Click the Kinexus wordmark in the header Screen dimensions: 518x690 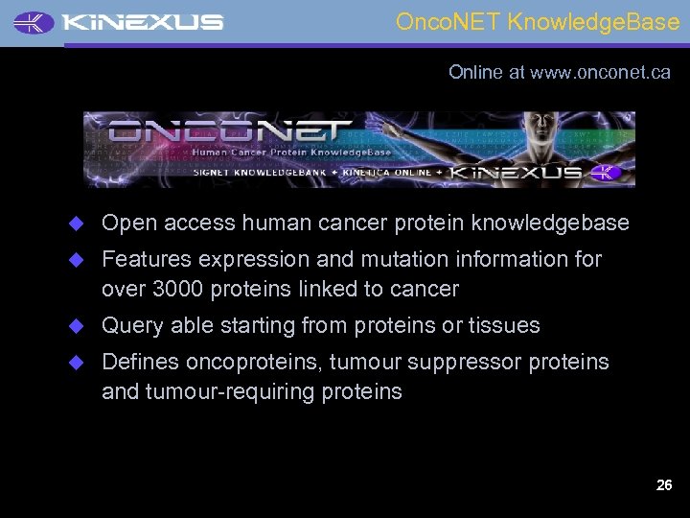click(145, 22)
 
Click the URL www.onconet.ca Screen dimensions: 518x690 click(600, 73)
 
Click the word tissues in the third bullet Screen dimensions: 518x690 click(504, 325)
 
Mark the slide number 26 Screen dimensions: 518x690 click(663, 485)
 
